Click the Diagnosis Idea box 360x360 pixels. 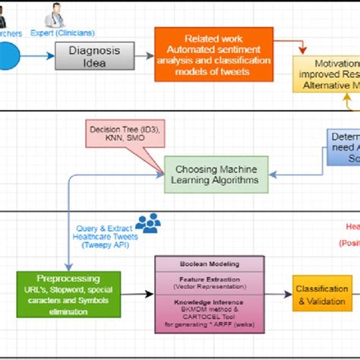click(94, 55)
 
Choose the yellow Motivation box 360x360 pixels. click(327, 74)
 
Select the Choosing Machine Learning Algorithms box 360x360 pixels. click(216, 174)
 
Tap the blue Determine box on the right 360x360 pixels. click(344, 146)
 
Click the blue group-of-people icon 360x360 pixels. click(147, 223)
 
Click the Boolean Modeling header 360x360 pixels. click(210, 264)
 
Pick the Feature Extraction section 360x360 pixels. click(210, 282)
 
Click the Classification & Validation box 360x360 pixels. click(322, 295)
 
